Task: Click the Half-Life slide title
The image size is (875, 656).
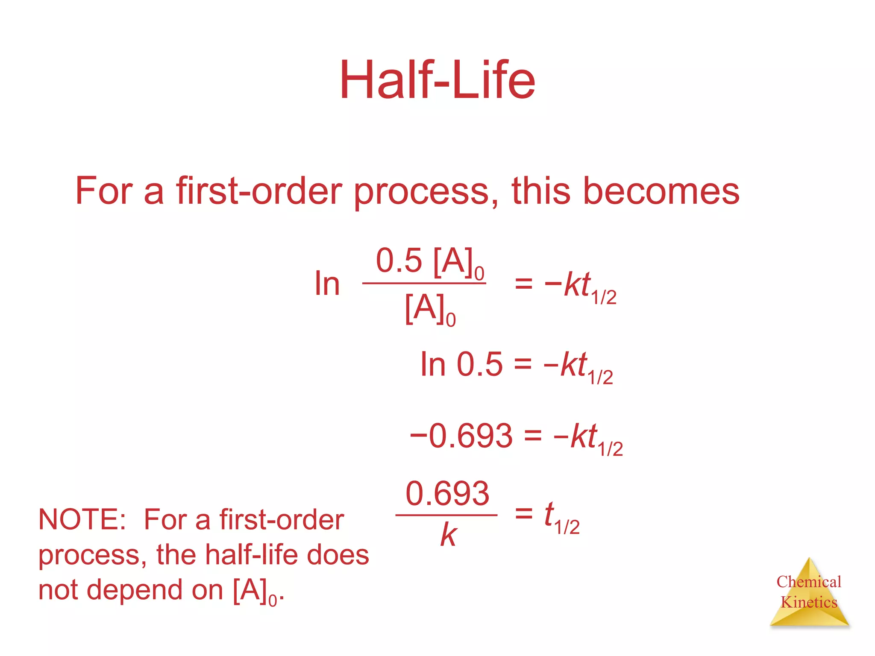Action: tap(437, 80)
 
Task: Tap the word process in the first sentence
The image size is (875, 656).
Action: tap(421, 192)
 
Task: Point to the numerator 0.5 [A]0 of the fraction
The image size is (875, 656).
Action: tap(429, 261)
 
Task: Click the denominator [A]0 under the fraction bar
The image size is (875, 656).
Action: tap(429, 309)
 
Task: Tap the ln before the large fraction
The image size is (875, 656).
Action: tap(327, 284)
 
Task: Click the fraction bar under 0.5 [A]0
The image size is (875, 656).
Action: tap(424, 283)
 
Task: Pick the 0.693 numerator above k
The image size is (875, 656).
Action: tap(447, 493)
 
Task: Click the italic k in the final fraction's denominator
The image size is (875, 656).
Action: tap(448, 535)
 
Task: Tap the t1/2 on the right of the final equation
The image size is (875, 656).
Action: tap(561, 517)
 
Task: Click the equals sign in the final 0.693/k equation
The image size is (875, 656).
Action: tap(524, 513)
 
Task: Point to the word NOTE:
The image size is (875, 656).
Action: tap(82, 520)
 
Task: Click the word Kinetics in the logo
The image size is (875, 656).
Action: tap(809, 602)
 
